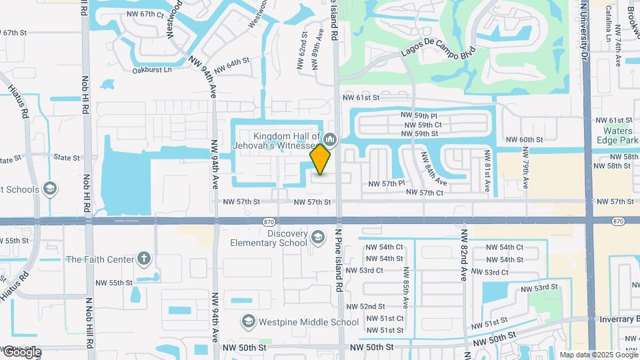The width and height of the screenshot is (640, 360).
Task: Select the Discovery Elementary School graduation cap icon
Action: (318, 237)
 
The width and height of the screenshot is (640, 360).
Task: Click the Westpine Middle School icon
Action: (248, 322)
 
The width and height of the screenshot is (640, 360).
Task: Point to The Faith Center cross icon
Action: (144, 259)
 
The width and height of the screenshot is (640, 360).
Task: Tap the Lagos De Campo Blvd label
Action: (438, 51)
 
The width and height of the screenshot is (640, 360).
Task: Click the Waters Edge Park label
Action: (618, 135)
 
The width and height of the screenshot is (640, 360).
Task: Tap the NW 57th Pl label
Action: (387, 183)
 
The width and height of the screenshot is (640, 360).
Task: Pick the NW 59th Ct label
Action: (421, 125)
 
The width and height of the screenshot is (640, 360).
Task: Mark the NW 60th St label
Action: (525, 139)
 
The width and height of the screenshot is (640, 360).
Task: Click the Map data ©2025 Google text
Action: (599, 355)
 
